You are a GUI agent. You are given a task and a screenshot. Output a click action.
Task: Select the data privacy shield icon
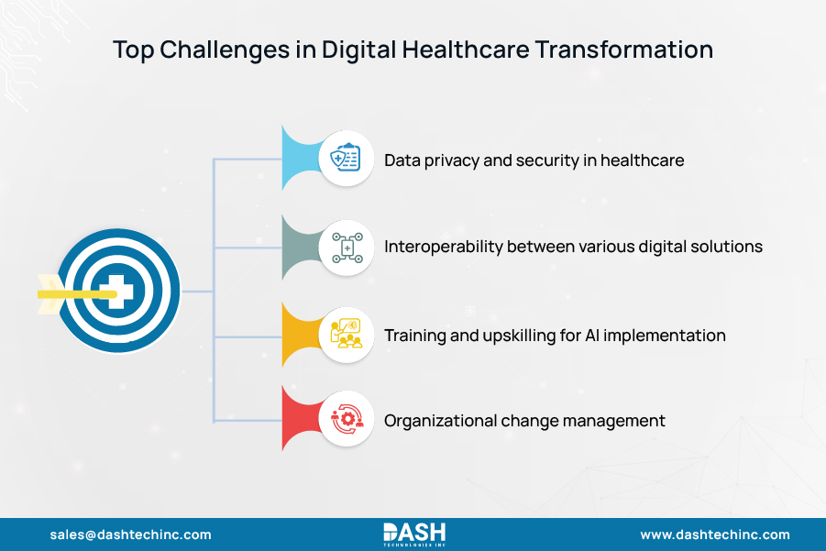[346, 160]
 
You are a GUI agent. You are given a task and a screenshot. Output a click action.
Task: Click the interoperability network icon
[346, 248]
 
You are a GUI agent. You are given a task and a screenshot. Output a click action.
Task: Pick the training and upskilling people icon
[346, 336]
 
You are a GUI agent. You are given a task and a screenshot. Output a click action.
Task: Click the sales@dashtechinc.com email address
[130, 534]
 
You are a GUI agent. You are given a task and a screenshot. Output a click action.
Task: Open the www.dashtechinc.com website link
[714, 534]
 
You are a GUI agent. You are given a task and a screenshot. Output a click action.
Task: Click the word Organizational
[440, 422]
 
